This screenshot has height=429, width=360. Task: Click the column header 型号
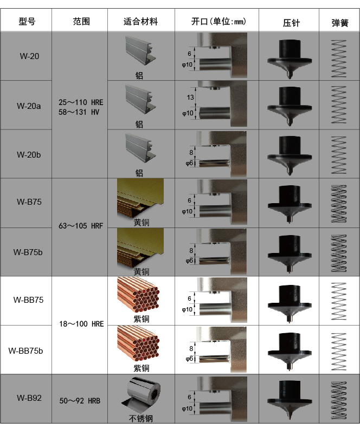pyautogui.click(x=27, y=21)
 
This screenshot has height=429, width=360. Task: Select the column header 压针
pyautogui.click(x=291, y=23)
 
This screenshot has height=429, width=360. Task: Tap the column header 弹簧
pyautogui.click(x=340, y=23)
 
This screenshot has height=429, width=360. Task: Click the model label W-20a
pyautogui.click(x=29, y=106)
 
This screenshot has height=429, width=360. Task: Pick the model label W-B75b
pyautogui.click(x=28, y=252)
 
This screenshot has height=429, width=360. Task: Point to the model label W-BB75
pyautogui.click(x=29, y=300)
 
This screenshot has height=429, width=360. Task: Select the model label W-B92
pyautogui.click(x=29, y=398)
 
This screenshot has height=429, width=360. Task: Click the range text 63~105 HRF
pyautogui.click(x=81, y=226)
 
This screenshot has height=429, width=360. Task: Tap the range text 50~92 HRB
pyautogui.click(x=80, y=401)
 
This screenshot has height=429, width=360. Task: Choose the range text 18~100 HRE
pyautogui.click(x=81, y=324)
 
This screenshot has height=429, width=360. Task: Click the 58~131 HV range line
pyautogui.click(x=79, y=112)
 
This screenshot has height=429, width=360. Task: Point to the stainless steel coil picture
pyautogui.click(x=142, y=395)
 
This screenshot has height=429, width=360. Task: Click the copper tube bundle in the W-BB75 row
pyautogui.click(x=138, y=295)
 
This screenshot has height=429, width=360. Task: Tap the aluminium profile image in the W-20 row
pyautogui.click(x=140, y=51)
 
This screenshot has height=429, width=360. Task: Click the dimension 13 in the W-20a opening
pyautogui.click(x=190, y=97)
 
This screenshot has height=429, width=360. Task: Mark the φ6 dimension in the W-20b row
pyautogui.click(x=189, y=164)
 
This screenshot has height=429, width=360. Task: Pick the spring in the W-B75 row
pyautogui.click(x=339, y=204)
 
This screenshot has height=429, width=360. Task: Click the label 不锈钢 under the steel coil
pyautogui.click(x=141, y=418)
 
